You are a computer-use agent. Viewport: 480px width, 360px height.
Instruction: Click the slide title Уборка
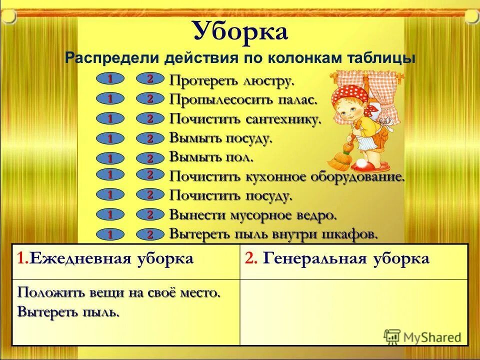(240, 31)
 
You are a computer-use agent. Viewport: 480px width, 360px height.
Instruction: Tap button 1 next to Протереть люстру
(109, 79)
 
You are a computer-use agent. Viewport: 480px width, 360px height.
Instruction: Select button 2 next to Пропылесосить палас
(149, 99)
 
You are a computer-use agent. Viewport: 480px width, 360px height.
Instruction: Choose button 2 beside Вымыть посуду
(149, 138)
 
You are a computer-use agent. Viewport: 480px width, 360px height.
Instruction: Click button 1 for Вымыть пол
(109, 158)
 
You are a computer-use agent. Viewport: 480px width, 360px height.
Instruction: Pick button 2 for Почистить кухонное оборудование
(149, 174)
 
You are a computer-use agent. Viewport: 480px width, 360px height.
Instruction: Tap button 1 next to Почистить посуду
(109, 194)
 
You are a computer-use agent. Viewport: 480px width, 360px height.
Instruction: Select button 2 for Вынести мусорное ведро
(149, 214)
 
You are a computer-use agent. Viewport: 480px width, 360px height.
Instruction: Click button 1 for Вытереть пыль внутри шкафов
(109, 234)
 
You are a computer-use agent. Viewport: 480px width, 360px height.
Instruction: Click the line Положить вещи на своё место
(118, 292)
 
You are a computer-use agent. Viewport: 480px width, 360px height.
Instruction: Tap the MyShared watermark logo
(422, 336)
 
